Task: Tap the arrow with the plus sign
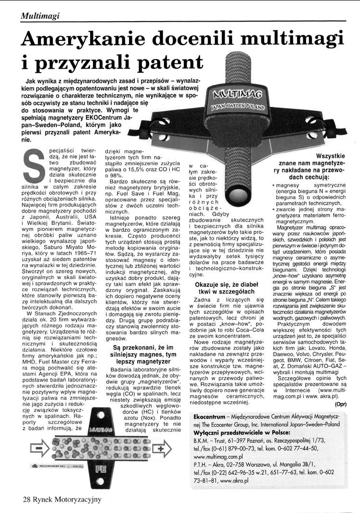coord(161,437)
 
